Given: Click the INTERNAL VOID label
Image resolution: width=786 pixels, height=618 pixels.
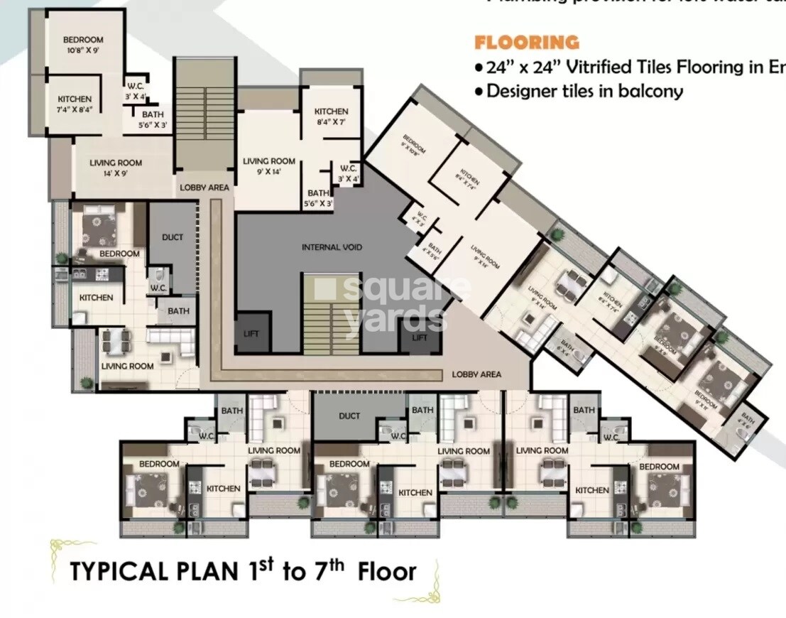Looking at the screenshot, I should click(332, 247).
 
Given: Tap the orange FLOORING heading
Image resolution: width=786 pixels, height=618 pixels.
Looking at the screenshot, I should click(526, 43).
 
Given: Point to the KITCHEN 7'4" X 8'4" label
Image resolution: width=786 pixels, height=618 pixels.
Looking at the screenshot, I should click(75, 104).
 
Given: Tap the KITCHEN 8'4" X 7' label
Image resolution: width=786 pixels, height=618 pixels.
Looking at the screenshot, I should click(331, 116).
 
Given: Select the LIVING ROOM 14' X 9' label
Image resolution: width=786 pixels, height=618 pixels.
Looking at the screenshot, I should click(115, 168).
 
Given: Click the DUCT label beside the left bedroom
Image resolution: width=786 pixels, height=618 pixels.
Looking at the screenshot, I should click(173, 237).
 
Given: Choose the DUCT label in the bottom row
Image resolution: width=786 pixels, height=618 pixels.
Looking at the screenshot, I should click(349, 416).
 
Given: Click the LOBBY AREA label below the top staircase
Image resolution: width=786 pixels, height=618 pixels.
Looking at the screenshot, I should click(204, 188).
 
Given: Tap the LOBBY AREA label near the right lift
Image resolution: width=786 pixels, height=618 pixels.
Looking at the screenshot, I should click(476, 374).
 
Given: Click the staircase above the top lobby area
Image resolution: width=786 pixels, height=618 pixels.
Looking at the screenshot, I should click(204, 117).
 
